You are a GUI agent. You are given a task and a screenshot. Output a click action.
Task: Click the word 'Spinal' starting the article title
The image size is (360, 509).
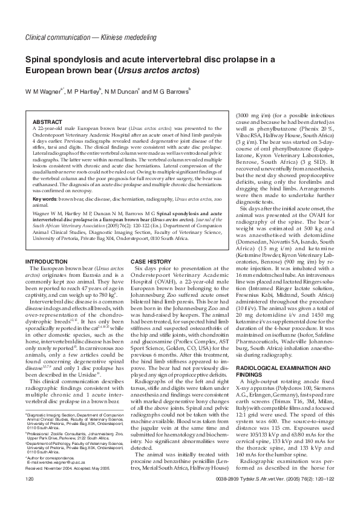(x=39, y=59)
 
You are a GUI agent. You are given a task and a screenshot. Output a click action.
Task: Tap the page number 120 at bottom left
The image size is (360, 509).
(x=29, y=496)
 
